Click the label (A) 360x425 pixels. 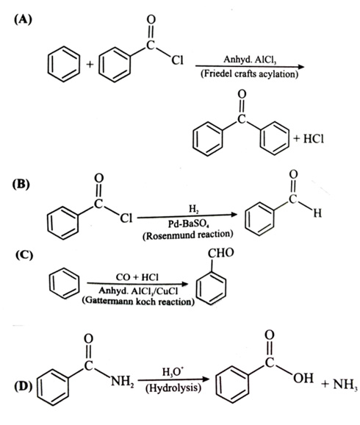coord(24,20)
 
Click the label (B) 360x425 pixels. coord(21,185)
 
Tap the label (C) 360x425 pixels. coord(24,255)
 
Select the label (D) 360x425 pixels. coord(23,386)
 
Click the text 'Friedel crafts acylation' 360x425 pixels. coord(250,74)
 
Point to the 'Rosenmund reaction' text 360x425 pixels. coord(188,235)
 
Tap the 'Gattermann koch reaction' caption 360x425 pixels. coord(138,301)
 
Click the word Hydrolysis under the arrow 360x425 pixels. coord(173,388)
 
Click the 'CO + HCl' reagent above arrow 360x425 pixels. coord(137,277)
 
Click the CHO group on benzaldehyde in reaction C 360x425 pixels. coord(220,253)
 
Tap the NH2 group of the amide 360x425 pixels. coord(123,382)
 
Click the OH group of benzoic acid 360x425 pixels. coord(303,378)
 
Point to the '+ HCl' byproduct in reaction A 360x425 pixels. coord(309,139)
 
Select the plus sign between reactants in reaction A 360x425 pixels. coord(90,64)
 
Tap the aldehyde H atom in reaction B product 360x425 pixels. coord(317,213)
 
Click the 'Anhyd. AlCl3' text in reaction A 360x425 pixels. coord(250,60)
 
